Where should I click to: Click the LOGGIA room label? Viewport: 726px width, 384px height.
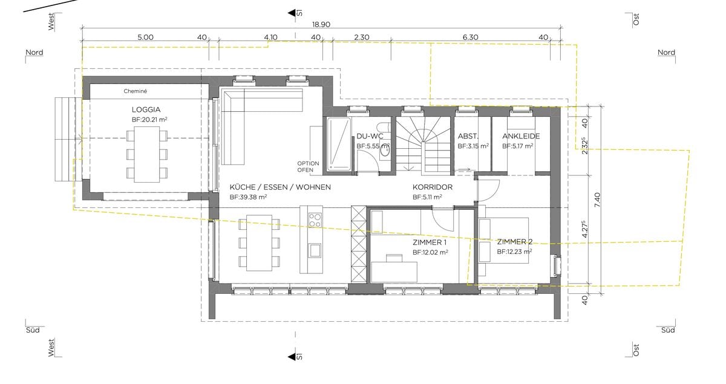(x=146, y=110)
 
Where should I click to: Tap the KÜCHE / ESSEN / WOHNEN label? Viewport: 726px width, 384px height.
(x=280, y=187)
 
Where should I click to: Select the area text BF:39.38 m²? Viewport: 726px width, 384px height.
(x=249, y=197)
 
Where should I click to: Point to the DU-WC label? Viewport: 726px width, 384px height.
(x=370, y=137)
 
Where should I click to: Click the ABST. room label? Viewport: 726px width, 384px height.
(x=468, y=137)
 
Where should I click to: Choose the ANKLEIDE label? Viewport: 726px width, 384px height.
(x=521, y=137)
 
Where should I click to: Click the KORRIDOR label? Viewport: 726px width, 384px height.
(x=433, y=187)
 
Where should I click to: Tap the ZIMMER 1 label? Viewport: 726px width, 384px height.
(x=430, y=242)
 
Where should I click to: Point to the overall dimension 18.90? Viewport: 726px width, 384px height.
(x=321, y=24)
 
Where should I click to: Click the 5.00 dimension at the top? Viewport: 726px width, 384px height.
(x=145, y=37)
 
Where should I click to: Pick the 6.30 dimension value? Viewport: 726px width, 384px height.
(x=470, y=37)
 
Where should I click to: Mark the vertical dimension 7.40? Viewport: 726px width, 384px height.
(x=598, y=200)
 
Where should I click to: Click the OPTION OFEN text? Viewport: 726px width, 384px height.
(x=309, y=167)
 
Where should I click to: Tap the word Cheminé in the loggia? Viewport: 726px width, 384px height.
(x=136, y=91)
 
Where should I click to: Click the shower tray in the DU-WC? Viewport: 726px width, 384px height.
(x=338, y=143)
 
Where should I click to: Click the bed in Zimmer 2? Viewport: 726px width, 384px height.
(x=504, y=241)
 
